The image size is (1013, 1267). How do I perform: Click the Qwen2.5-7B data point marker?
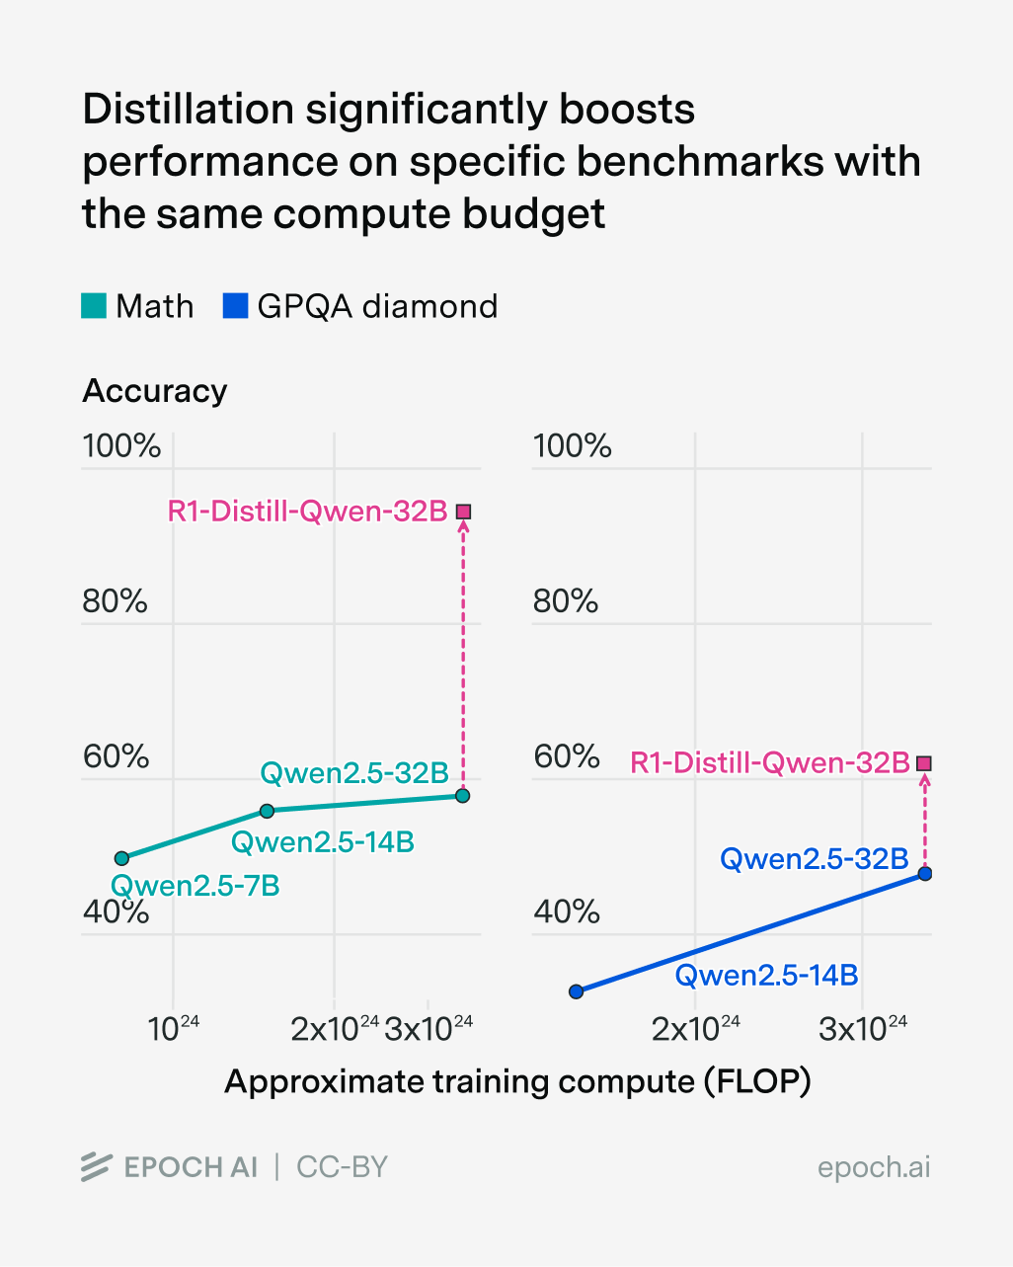click(121, 858)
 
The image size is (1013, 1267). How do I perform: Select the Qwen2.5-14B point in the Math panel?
click(267, 811)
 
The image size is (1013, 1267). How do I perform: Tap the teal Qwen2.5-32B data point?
click(463, 796)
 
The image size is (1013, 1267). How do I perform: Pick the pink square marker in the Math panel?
click(463, 512)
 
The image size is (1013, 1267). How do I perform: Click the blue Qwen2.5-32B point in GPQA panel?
click(925, 874)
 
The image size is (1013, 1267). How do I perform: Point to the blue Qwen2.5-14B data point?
click(577, 991)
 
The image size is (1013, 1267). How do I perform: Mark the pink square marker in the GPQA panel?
click(924, 763)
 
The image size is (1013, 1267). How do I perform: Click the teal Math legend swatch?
click(94, 306)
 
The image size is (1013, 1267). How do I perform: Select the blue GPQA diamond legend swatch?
click(235, 306)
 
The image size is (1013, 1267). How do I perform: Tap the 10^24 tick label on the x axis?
click(174, 1029)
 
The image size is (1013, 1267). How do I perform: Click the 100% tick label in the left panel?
click(121, 446)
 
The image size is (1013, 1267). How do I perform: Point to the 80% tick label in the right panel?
click(566, 601)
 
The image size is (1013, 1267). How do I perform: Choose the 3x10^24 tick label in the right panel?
click(863, 1029)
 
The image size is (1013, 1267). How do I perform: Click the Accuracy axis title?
click(155, 391)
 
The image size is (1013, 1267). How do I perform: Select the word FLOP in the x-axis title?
click(756, 1082)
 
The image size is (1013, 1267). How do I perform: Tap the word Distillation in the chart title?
click(188, 110)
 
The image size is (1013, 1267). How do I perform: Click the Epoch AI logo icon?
click(96, 1167)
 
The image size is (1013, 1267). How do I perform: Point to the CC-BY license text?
click(342, 1167)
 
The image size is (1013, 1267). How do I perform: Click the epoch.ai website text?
click(873, 1167)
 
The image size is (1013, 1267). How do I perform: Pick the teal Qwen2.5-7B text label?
click(195, 886)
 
